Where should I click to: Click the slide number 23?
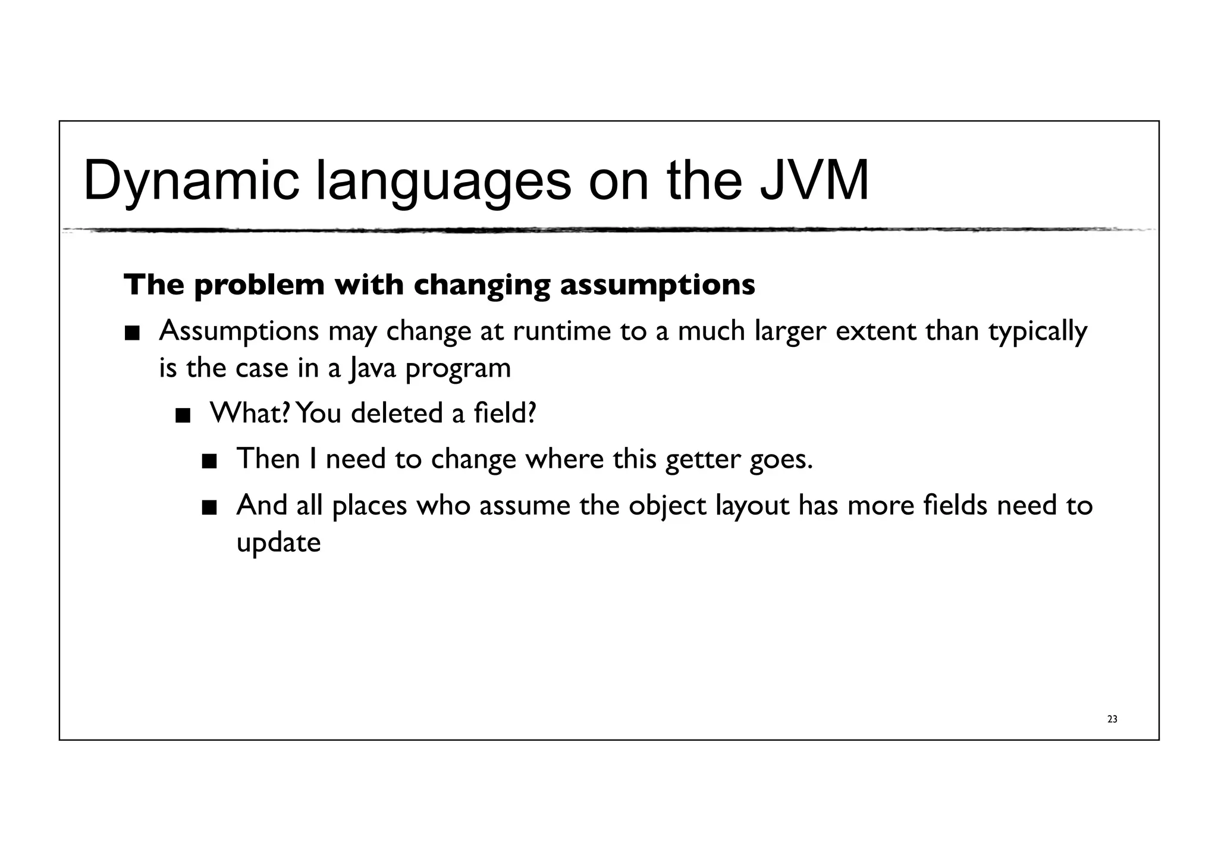(x=1112, y=719)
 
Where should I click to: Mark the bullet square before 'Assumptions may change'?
(x=132, y=333)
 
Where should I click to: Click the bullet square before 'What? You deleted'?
(x=183, y=415)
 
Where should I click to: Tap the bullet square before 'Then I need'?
(x=209, y=462)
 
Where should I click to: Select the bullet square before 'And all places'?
(x=209, y=508)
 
